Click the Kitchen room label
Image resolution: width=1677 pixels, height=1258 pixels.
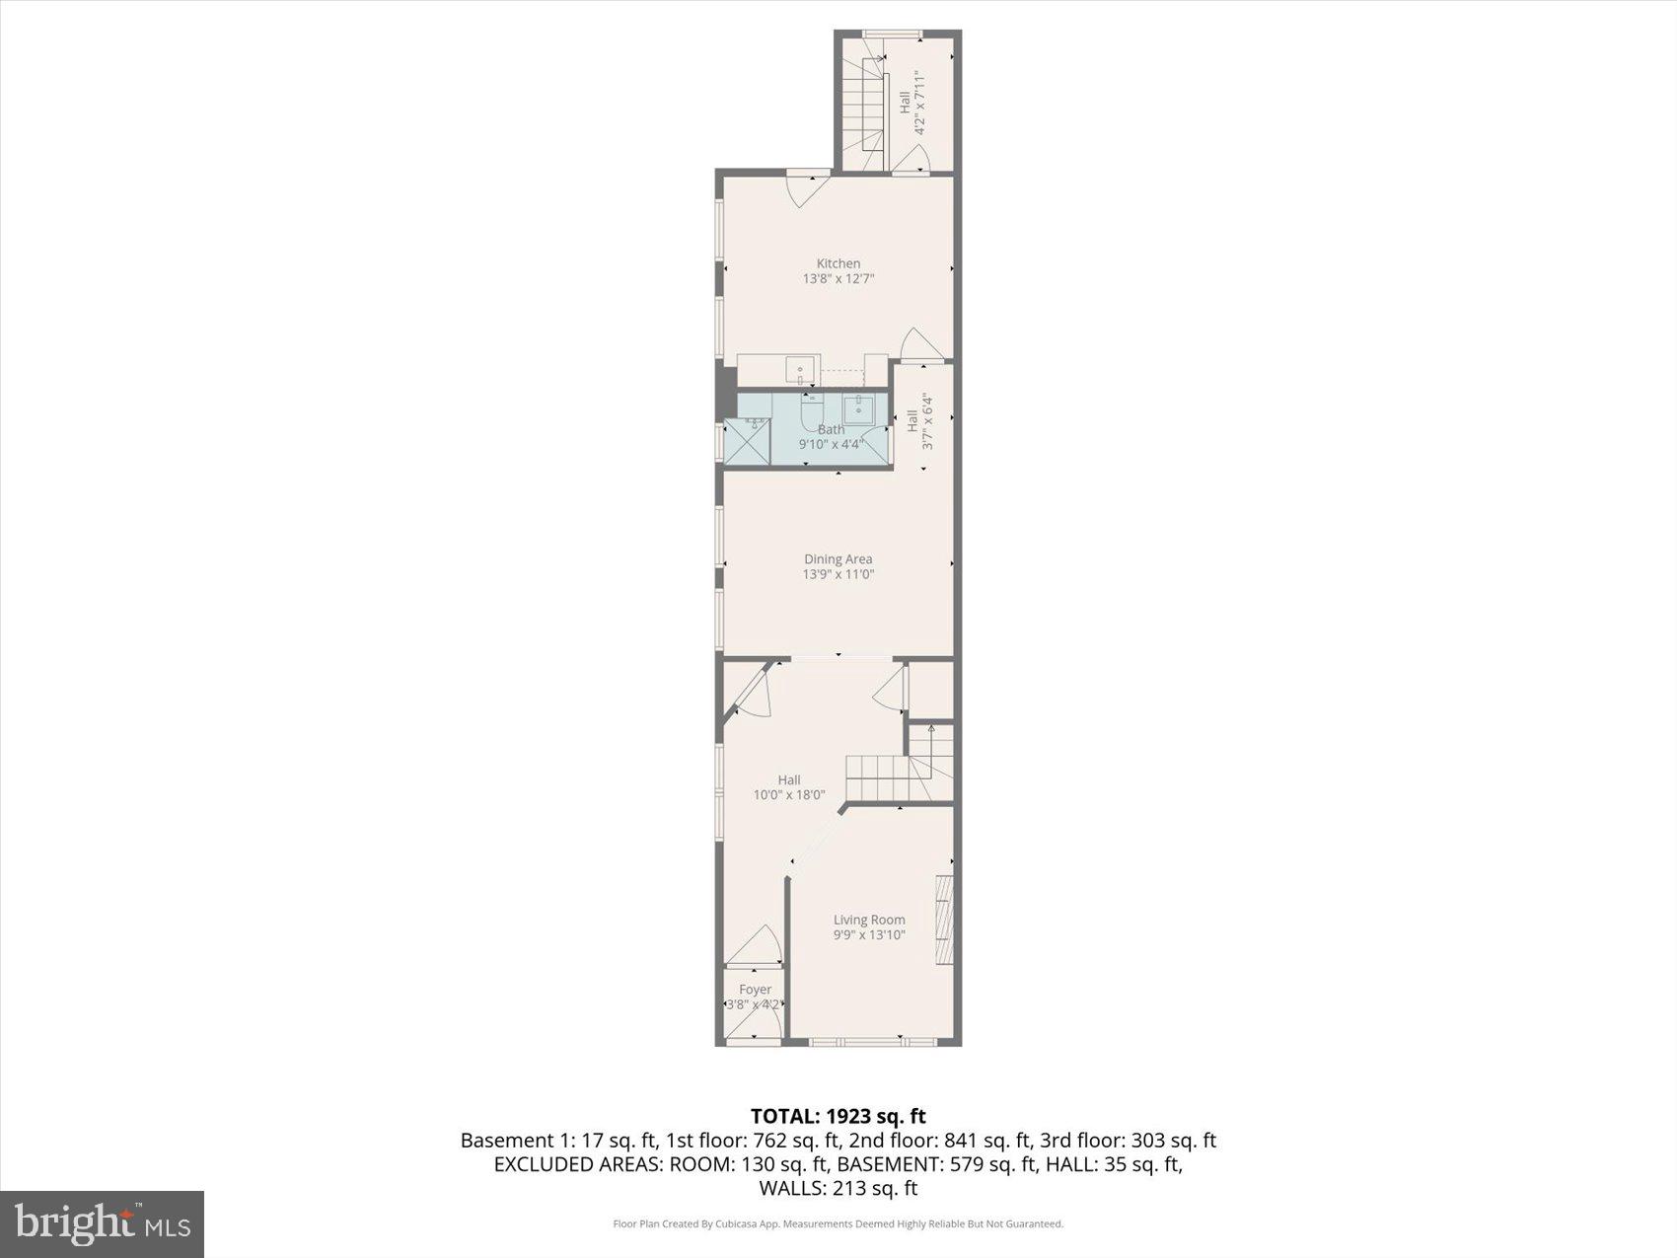tap(838, 263)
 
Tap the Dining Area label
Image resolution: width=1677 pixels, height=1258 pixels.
tap(838, 559)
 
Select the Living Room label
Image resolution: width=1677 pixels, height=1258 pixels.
tap(868, 920)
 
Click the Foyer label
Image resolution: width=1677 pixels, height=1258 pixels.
tap(755, 990)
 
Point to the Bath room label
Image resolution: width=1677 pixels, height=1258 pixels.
tap(831, 429)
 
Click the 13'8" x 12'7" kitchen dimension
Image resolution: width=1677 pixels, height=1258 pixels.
tap(838, 279)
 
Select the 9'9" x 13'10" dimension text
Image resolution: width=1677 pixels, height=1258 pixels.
tap(868, 935)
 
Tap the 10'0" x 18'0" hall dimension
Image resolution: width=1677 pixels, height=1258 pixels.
tap(788, 795)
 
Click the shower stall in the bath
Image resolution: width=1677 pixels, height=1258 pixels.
tap(747, 441)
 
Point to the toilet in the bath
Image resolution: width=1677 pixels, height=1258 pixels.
tap(812, 409)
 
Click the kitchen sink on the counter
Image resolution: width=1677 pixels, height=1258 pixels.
tap(802, 370)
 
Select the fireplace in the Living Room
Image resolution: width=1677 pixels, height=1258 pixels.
tap(945, 920)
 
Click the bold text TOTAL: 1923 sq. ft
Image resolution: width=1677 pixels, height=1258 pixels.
tap(838, 1116)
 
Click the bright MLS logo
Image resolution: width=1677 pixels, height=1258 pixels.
tap(102, 1224)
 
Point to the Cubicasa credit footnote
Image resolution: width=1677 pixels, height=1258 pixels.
tap(838, 1224)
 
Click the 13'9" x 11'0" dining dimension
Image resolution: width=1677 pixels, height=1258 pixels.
tap(838, 574)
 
